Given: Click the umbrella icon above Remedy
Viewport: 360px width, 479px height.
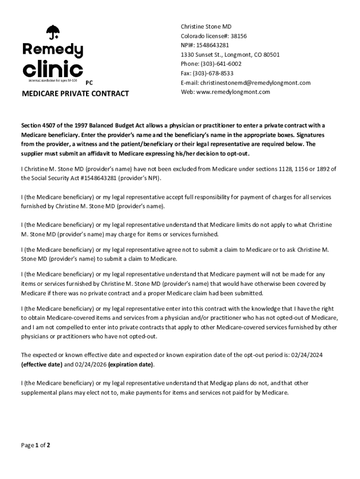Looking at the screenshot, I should tap(53, 32).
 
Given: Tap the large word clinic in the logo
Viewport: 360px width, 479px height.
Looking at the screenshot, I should tap(53, 69).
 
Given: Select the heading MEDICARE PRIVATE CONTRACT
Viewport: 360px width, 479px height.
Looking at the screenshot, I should tap(75, 94).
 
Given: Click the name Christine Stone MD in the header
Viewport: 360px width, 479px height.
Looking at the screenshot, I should tap(206, 27).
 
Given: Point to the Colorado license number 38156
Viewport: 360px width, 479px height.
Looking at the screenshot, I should tap(238, 36).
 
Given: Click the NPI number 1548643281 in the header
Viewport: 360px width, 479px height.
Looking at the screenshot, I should tap(213, 45).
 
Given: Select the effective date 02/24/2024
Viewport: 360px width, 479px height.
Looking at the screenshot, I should tap(307, 355).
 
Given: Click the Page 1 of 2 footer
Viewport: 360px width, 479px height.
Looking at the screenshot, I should tap(36, 445).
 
